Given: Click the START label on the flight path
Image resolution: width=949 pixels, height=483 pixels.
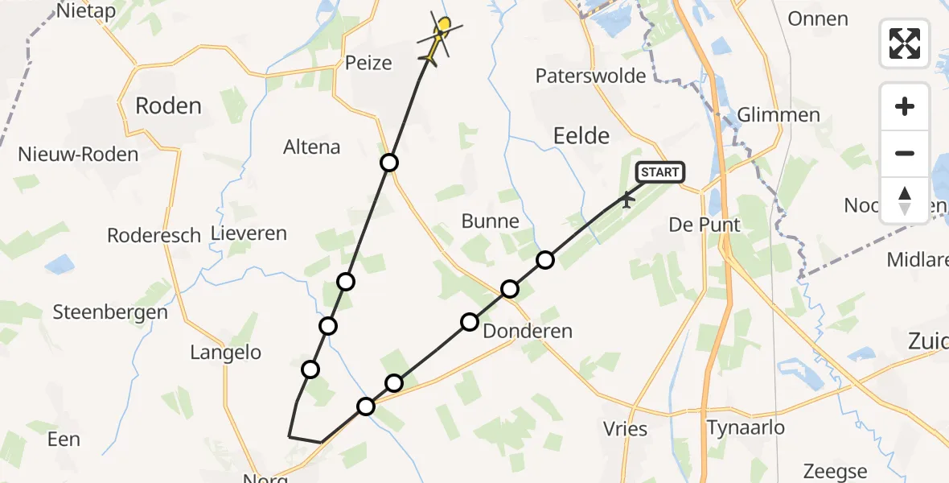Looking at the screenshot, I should pyautogui.click(x=660, y=172).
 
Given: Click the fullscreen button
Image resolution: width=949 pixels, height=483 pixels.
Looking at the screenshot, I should pyautogui.click(x=905, y=43).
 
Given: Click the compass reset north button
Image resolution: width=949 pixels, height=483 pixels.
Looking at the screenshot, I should pyautogui.click(x=905, y=200).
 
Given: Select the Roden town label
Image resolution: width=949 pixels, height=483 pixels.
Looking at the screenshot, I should pyautogui.click(x=168, y=105).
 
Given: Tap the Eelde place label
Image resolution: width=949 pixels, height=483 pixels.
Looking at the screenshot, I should pyautogui.click(x=581, y=135).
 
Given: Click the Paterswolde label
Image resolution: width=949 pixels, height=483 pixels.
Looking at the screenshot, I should pyautogui.click(x=591, y=76).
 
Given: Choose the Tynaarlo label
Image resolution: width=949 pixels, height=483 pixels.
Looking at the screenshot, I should pyautogui.click(x=745, y=427).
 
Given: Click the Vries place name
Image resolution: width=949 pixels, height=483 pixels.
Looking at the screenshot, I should pyautogui.click(x=625, y=428).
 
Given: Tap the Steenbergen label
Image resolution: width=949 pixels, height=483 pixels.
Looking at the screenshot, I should pyautogui.click(x=110, y=312).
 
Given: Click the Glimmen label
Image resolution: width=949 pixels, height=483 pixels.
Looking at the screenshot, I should pyautogui.click(x=779, y=115).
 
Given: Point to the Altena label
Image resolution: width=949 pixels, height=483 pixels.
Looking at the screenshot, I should pyautogui.click(x=312, y=147).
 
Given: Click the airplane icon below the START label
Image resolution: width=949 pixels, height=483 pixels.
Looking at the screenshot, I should pyautogui.click(x=627, y=198).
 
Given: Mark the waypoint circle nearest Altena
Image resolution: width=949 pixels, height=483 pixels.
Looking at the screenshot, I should pyautogui.click(x=389, y=163).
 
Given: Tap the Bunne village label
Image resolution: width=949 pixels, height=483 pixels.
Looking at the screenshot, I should pyautogui.click(x=491, y=221).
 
